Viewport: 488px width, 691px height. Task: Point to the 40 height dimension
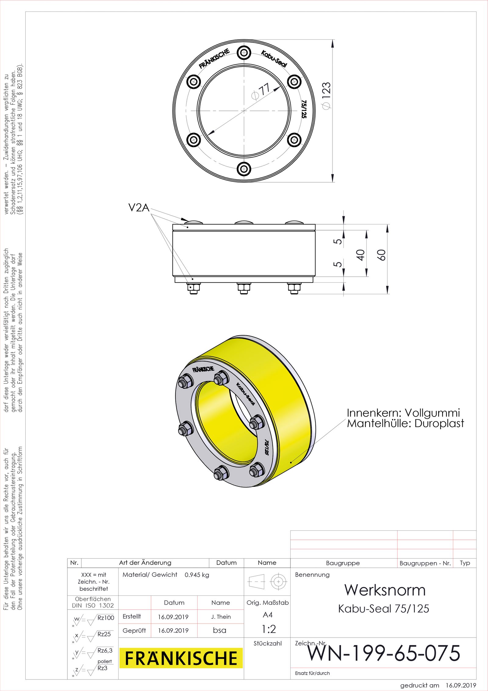click(361, 255)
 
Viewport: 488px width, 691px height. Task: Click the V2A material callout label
click(139, 208)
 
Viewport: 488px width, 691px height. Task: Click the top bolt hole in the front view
click(244, 53)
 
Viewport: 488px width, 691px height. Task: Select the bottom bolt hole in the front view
click(244, 169)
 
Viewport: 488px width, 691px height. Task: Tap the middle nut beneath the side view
click(244, 288)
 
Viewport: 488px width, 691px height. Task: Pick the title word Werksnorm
click(385, 590)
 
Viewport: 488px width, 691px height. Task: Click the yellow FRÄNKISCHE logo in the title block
click(181, 658)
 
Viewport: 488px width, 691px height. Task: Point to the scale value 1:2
click(269, 629)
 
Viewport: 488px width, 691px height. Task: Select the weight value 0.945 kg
click(197, 575)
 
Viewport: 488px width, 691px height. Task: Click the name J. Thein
click(221, 617)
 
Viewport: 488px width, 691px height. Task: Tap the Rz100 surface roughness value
click(106, 618)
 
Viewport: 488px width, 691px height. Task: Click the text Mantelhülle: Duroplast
click(405, 424)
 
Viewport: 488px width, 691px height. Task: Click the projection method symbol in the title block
click(267, 581)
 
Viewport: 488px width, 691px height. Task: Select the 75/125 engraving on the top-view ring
click(304, 109)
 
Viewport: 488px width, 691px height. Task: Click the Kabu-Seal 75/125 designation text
click(384, 609)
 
